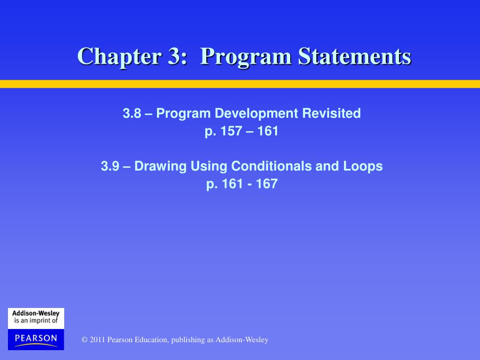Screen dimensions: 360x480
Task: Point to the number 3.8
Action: pos(132,113)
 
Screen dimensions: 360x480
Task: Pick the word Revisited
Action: pos(331,113)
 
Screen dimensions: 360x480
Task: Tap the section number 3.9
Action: pos(110,166)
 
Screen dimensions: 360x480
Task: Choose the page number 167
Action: pos(267,184)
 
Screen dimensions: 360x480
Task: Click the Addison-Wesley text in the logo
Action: pos(36,313)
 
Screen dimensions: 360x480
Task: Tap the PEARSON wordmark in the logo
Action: pos(36,337)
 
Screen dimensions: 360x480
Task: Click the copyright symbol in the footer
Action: pos(84,340)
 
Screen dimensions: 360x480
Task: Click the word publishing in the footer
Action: pos(188,340)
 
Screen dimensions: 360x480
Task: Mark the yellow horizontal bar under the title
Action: pos(240,84)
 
